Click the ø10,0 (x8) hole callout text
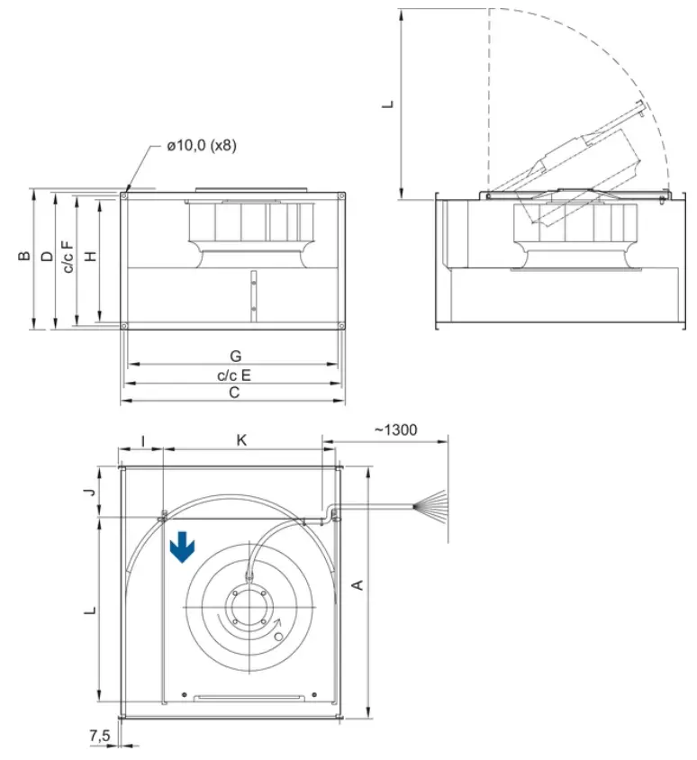click(201, 145)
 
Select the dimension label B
click(25, 257)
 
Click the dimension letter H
click(90, 257)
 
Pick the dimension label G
click(234, 357)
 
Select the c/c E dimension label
click(234, 375)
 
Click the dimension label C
click(234, 394)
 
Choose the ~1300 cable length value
click(395, 430)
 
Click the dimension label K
click(241, 439)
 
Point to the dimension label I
click(142, 439)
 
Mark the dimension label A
click(358, 585)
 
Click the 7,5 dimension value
click(100, 736)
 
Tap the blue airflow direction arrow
click(182, 547)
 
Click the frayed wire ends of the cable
click(430, 507)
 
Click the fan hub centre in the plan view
click(245, 607)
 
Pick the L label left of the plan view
click(90, 610)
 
